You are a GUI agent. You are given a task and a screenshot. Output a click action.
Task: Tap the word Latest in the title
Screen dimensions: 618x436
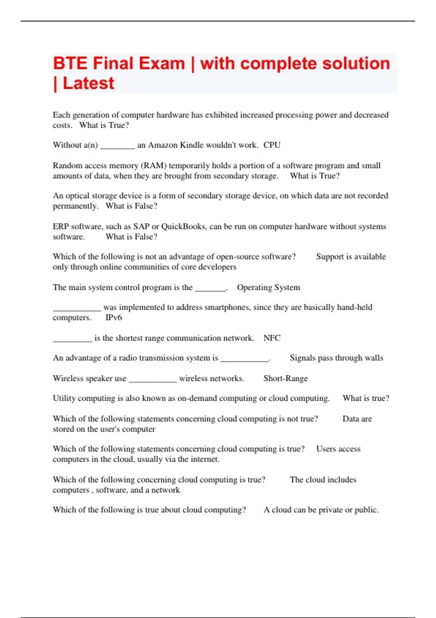pos(88,84)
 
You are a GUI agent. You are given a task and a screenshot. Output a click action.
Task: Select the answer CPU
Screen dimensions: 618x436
pos(272,145)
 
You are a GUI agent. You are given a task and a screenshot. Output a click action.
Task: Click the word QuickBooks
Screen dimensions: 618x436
pos(183,226)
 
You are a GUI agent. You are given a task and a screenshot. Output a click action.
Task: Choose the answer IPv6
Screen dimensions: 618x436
pos(114,318)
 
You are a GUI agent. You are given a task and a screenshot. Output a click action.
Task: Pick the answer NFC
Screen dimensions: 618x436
pos(272,338)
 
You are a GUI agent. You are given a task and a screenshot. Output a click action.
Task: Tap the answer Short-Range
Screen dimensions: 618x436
pos(285,378)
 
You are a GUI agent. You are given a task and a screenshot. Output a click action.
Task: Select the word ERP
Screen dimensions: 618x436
pos(61,226)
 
